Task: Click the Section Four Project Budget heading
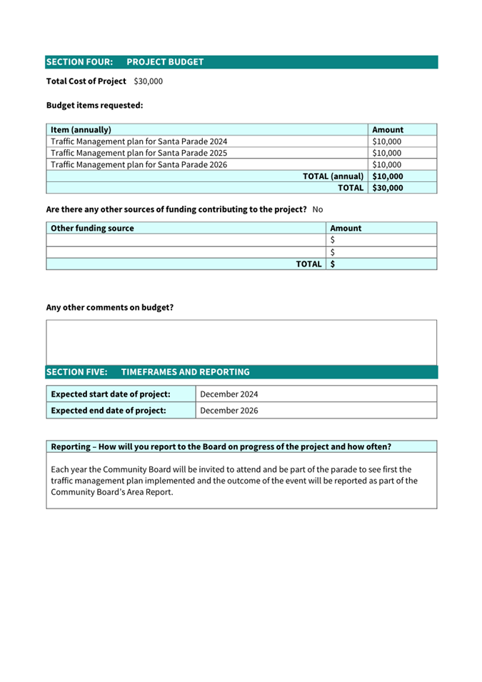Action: point(125,62)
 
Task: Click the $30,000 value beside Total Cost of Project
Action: point(148,81)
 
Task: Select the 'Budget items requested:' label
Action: point(94,106)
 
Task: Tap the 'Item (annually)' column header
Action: point(81,130)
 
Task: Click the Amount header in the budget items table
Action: point(388,130)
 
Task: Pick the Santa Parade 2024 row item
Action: point(139,141)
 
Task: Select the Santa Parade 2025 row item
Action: point(139,153)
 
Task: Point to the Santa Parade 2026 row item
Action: point(139,164)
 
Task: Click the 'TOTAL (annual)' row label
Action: point(333,176)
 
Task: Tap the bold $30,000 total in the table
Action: point(388,188)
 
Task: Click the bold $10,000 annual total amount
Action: point(388,176)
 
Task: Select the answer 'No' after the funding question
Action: point(318,210)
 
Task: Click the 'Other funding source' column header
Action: point(93,229)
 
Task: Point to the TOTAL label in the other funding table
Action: point(308,264)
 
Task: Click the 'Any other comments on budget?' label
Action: point(110,308)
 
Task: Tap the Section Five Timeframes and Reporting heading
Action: point(148,372)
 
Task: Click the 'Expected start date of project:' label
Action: point(111,394)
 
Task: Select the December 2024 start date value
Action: point(229,394)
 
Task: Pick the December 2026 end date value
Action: point(229,411)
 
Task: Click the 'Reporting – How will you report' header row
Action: point(221,447)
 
